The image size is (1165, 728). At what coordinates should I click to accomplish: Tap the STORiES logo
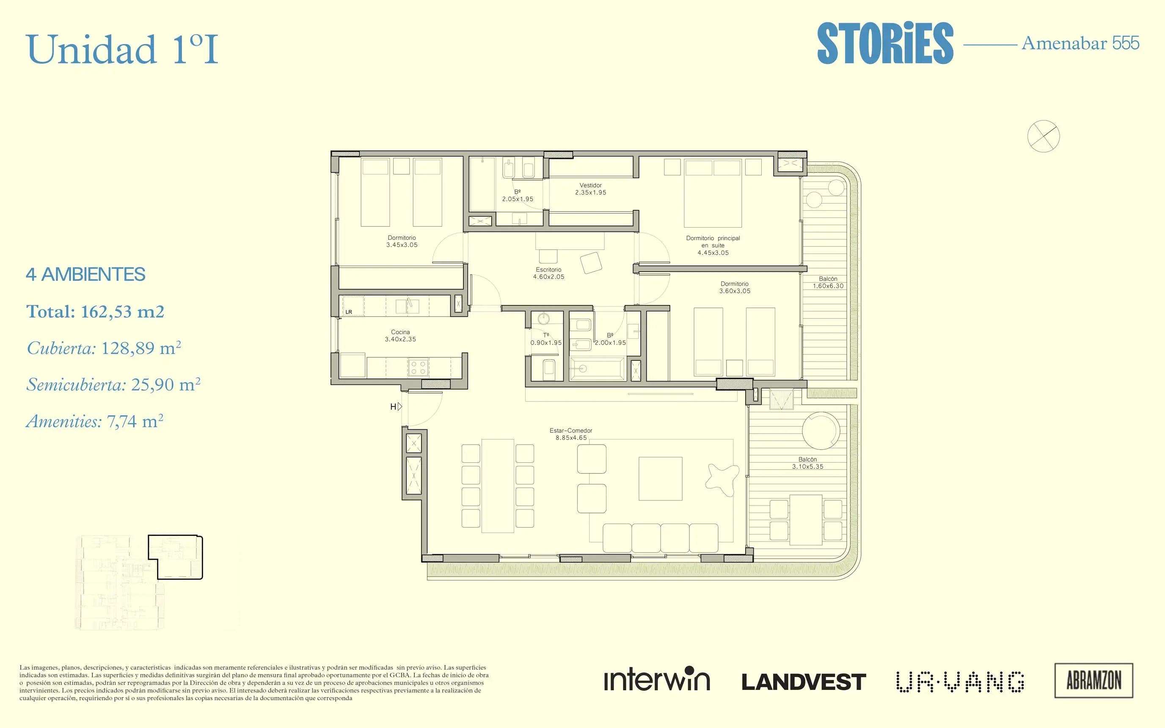[885, 43]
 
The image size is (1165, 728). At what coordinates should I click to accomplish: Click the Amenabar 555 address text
[1080, 43]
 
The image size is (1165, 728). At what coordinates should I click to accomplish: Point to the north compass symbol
[1044, 136]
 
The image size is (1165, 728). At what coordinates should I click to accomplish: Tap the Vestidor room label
[590, 189]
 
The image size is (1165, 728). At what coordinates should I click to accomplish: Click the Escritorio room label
[548, 273]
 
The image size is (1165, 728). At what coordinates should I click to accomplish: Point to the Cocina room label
[400, 335]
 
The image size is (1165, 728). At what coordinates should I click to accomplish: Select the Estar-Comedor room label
[571, 434]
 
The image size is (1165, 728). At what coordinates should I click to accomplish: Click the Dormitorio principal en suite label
[713, 245]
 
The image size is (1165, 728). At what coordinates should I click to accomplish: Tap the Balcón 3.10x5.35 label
[808, 463]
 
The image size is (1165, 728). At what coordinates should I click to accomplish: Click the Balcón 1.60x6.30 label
[828, 282]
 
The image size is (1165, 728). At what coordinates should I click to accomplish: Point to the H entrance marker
[396, 407]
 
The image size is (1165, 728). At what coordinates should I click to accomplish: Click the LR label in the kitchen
[349, 312]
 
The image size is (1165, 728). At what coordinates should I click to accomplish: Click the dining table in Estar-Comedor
[498, 485]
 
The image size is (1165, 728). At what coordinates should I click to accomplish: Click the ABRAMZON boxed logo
[1094, 680]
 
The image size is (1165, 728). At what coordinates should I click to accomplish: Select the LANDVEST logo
[804, 682]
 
